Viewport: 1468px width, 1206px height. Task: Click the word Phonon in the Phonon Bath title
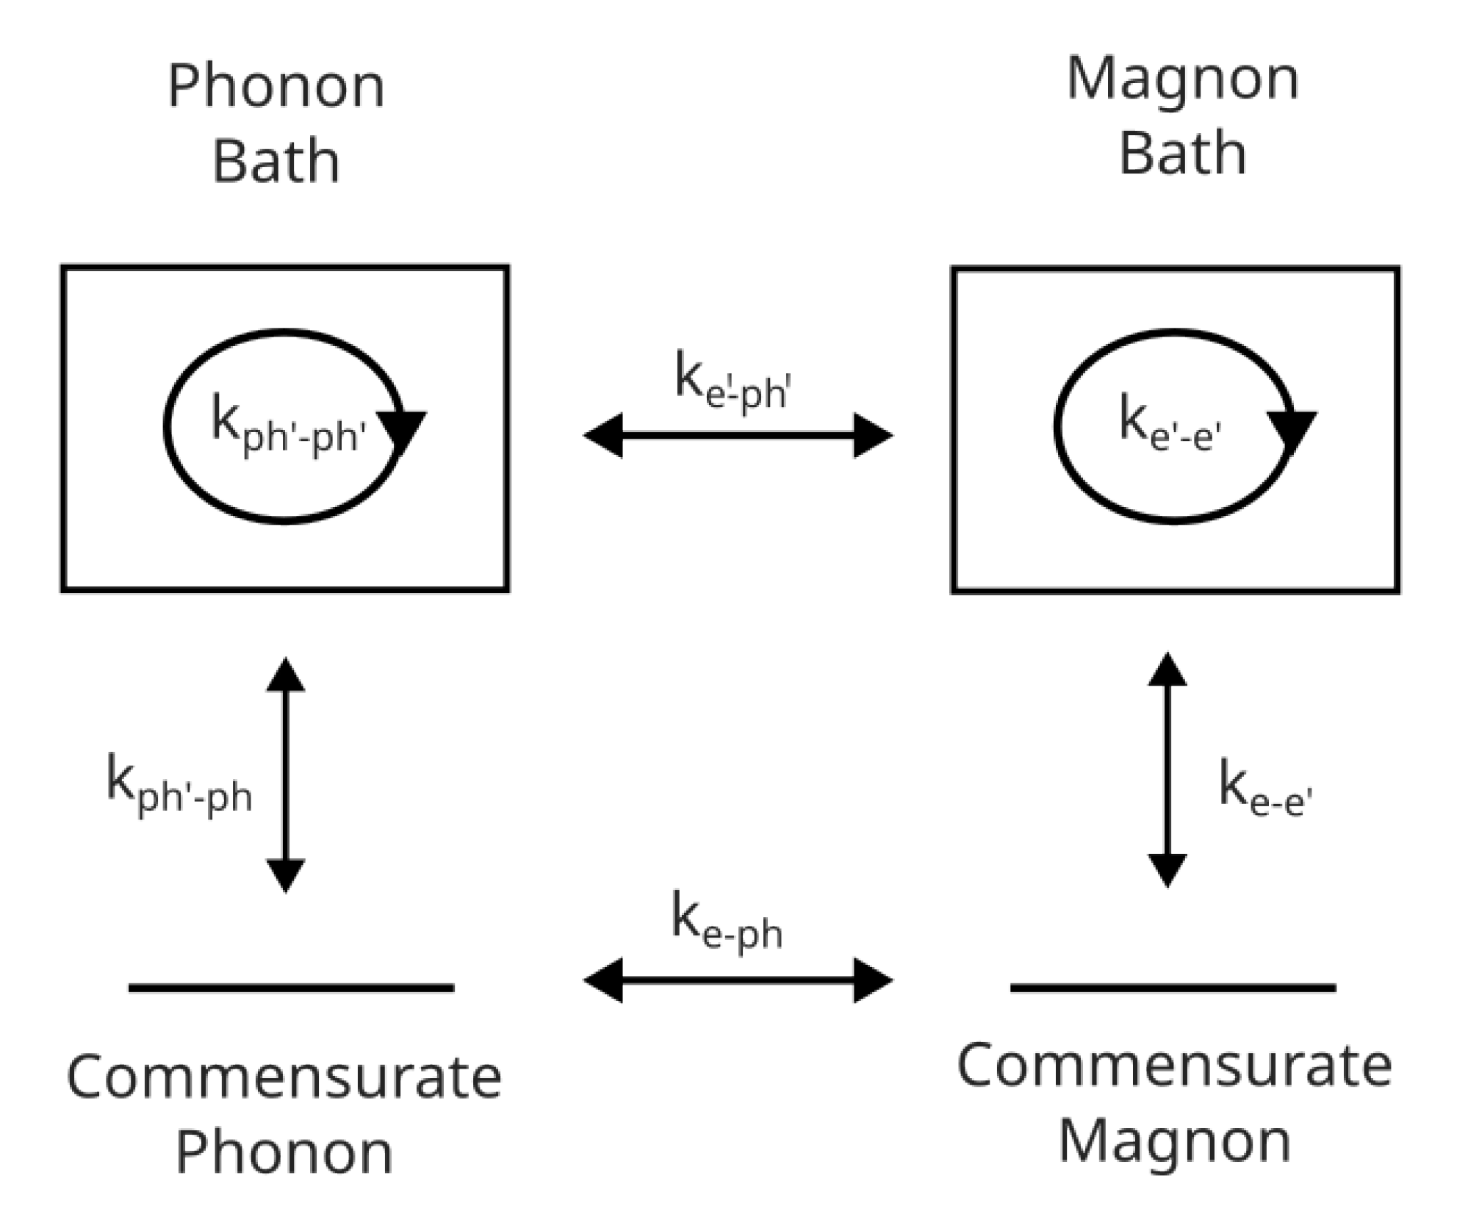[x=276, y=87]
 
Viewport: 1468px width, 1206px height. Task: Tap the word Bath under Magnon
[x=1181, y=152]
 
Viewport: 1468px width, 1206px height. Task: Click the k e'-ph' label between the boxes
[x=732, y=381]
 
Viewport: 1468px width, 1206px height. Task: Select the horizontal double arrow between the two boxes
[x=737, y=436]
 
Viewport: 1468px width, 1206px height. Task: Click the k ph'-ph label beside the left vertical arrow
[x=179, y=784]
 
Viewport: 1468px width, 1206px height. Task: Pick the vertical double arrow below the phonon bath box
[x=285, y=775]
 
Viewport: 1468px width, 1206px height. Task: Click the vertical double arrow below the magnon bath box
[x=1167, y=770]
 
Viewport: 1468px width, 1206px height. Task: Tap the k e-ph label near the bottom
[x=727, y=923]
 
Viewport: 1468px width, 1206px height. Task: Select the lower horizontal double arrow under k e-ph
[x=737, y=980]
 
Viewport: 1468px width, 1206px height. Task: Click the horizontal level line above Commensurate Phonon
[x=291, y=988]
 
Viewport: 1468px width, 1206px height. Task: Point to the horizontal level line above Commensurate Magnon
[x=1173, y=988]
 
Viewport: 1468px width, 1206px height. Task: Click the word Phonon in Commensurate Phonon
[x=284, y=1152]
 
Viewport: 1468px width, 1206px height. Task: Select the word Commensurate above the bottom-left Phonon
[x=284, y=1077]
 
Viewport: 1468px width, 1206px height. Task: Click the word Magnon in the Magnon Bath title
[x=1182, y=79]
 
